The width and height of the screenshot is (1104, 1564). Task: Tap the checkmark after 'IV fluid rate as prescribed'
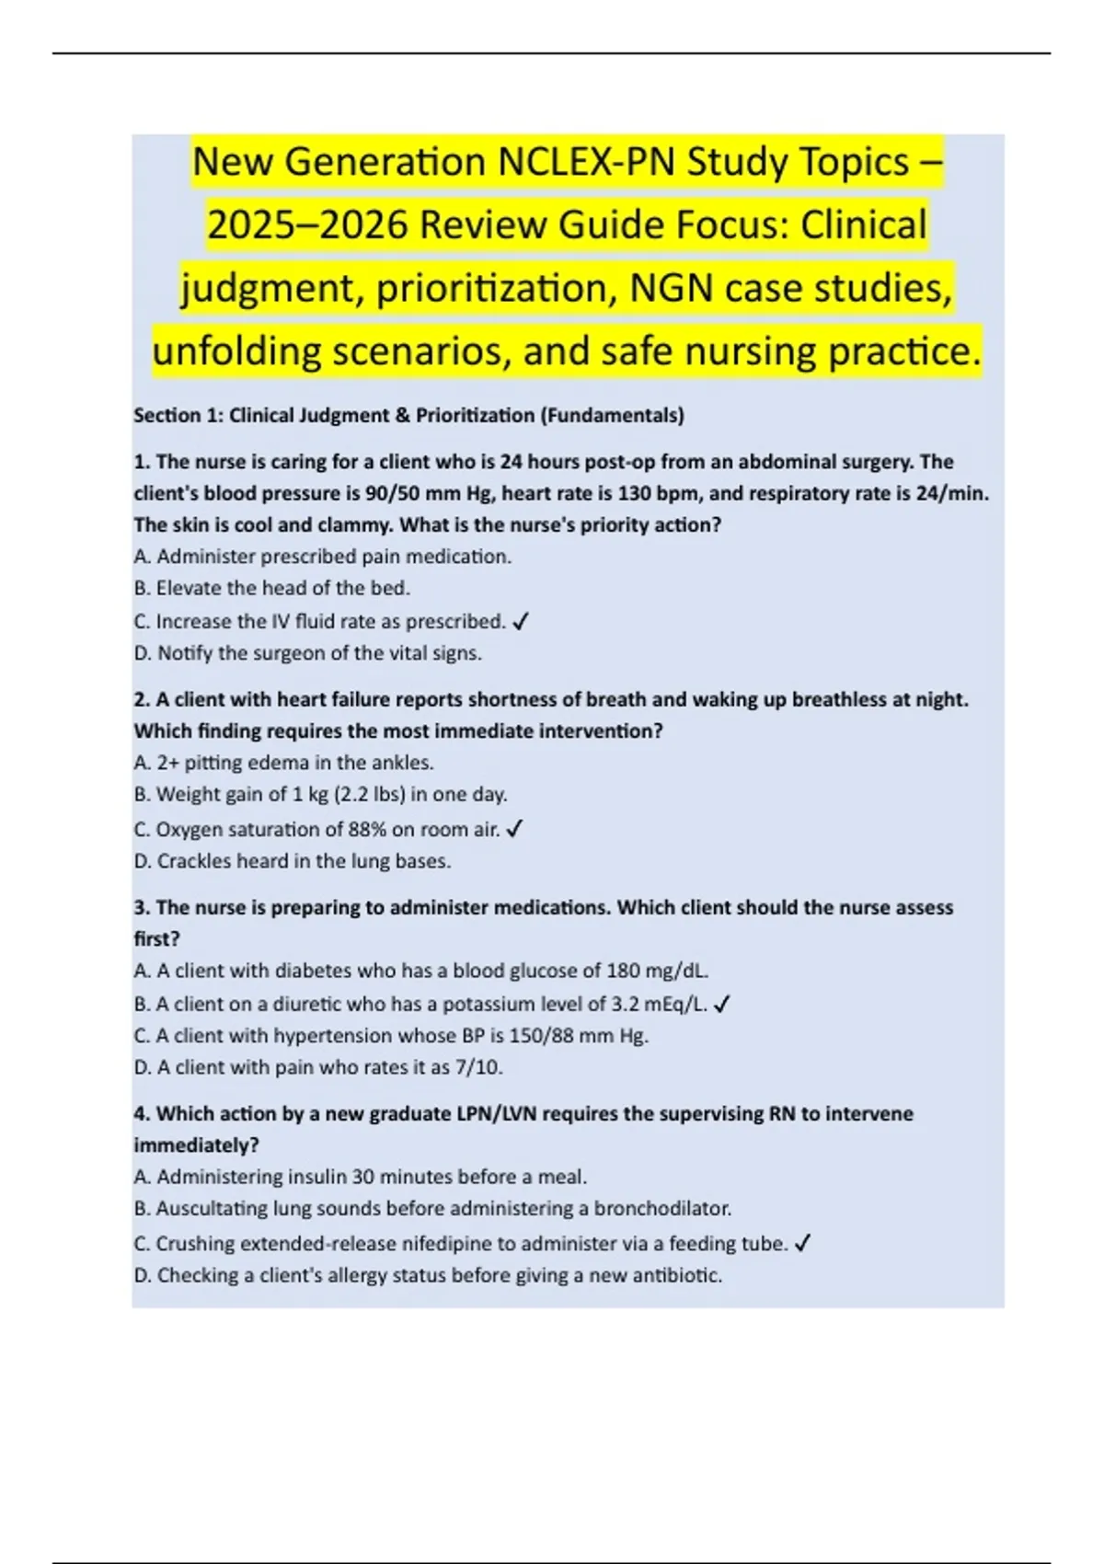pyautogui.click(x=520, y=623)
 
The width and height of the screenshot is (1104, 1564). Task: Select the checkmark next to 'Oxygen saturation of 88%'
pyautogui.click(x=514, y=830)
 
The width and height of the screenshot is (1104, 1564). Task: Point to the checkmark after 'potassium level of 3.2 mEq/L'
pyautogui.click(x=721, y=1005)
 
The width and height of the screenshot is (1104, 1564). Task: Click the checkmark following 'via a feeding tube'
pyautogui.click(x=802, y=1244)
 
